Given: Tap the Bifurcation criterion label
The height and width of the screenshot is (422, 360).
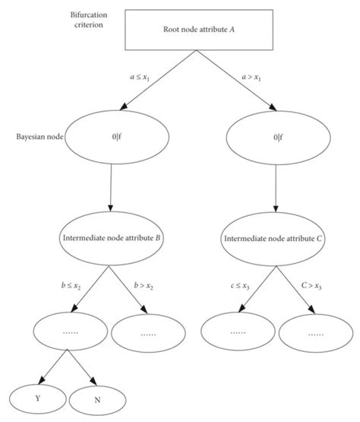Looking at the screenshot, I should coord(47,21).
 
